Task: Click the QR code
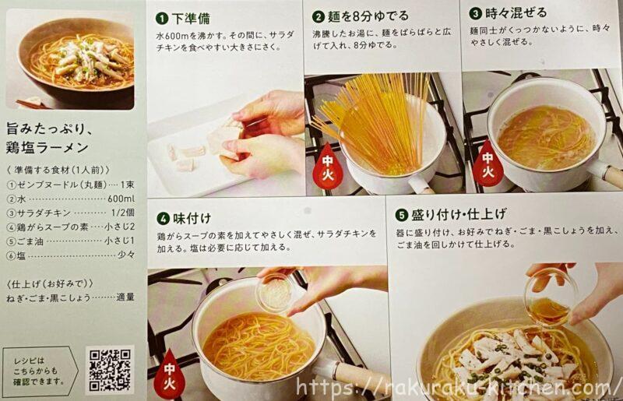[x=109, y=370]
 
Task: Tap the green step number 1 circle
[x=162, y=18]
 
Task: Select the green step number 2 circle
[x=319, y=16]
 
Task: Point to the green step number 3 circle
[x=475, y=13]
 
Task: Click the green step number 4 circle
[x=163, y=219]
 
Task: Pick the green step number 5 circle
[x=401, y=215]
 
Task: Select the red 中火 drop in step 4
[x=169, y=374]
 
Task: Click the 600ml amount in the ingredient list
[x=121, y=199]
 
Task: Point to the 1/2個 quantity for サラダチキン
[x=123, y=213]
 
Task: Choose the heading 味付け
[x=192, y=218]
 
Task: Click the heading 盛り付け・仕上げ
[x=459, y=215]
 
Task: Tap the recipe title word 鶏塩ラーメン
[x=48, y=147]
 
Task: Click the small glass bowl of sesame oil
[x=551, y=297]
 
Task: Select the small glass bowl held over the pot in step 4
[x=276, y=292]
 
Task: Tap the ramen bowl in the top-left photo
[x=76, y=60]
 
